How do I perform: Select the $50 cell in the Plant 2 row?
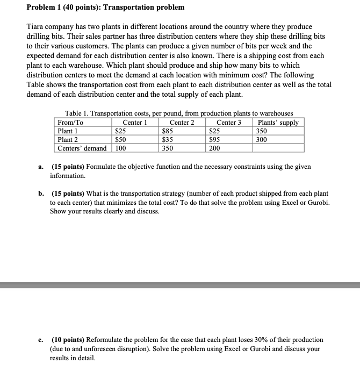(121, 139)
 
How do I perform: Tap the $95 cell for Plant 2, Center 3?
(215, 139)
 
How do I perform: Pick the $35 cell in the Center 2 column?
(168, 139)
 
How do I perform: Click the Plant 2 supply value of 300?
(262, 139)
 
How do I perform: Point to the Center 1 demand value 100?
(121, 148)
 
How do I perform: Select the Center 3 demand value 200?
(215, 148)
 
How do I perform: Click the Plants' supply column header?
(278, 122)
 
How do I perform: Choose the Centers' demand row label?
(82, 148)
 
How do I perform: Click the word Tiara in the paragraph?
(36, 27)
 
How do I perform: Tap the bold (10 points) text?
(69, 340)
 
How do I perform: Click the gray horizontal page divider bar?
(180, 285)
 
